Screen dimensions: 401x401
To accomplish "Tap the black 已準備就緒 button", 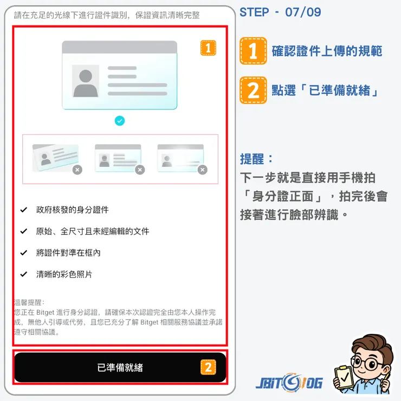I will pos(120,367).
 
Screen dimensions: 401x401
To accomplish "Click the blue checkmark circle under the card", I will pos(120,121).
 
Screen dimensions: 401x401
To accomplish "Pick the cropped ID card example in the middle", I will pos(118,158).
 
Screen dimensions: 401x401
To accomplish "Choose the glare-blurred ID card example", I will pos(180,158).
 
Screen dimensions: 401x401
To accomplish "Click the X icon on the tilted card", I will pos(77,170).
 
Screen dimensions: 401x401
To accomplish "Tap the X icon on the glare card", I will pos(202,170).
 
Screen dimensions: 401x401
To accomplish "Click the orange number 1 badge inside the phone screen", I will pos(208,48).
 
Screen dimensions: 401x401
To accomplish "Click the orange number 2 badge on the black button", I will pos(208,367).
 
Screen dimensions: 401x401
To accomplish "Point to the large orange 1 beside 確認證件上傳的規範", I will pos(253,51).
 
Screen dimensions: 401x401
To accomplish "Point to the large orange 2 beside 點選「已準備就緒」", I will pos(253,90).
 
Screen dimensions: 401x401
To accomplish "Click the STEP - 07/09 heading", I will pos(280,12).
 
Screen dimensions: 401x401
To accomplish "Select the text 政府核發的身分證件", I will pos(72,209).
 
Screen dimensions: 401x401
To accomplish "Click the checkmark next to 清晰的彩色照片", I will pos(23,274).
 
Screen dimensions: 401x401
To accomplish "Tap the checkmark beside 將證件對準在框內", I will pos(23,253).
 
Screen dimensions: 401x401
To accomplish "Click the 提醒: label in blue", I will pos(257,159).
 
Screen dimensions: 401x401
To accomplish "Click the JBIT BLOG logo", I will pos(289,383).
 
